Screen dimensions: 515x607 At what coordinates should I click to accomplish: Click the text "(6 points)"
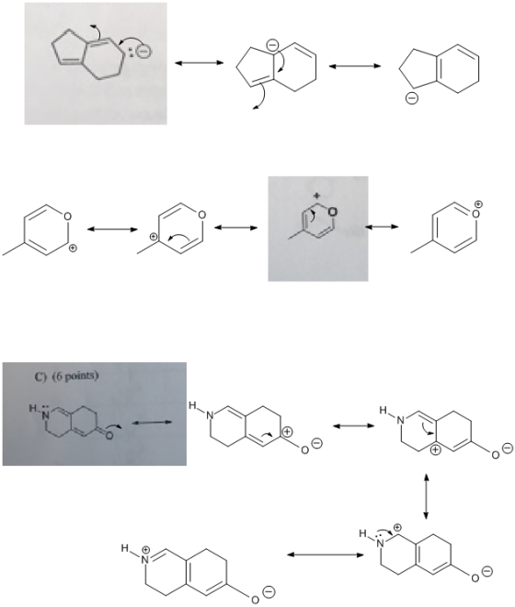[75, 377]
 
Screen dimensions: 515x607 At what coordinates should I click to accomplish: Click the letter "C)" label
[40, 377]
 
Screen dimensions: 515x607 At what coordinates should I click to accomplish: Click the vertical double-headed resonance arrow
[426, 496]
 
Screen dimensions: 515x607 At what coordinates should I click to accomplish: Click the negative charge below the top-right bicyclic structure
[411, 99]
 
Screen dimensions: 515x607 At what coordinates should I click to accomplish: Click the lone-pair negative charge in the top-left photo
[143, 51]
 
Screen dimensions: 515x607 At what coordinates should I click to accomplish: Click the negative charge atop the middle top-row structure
[272, 45]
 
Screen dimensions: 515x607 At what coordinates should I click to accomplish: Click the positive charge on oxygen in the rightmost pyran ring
[478, 204]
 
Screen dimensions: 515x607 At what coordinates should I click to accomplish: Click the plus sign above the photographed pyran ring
[316, 195]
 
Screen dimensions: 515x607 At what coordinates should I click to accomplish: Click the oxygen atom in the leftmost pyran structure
[68, 216]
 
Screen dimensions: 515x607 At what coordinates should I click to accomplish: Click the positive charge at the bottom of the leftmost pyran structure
[72, 249]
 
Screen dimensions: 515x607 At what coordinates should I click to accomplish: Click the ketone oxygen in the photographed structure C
[109, 436]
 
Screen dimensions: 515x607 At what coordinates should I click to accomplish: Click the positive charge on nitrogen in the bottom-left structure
[146, 549]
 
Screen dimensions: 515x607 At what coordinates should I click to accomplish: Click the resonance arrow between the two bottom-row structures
[326, 554]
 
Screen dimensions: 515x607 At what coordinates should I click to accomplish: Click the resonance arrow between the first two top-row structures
[200, 63]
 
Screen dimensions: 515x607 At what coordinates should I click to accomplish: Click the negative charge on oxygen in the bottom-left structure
[269, 592]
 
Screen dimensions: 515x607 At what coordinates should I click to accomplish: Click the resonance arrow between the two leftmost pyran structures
[112, 229]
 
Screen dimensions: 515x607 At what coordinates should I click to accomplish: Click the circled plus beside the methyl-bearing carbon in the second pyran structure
[154, 236]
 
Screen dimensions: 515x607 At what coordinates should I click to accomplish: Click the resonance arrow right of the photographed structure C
[152, 423]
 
